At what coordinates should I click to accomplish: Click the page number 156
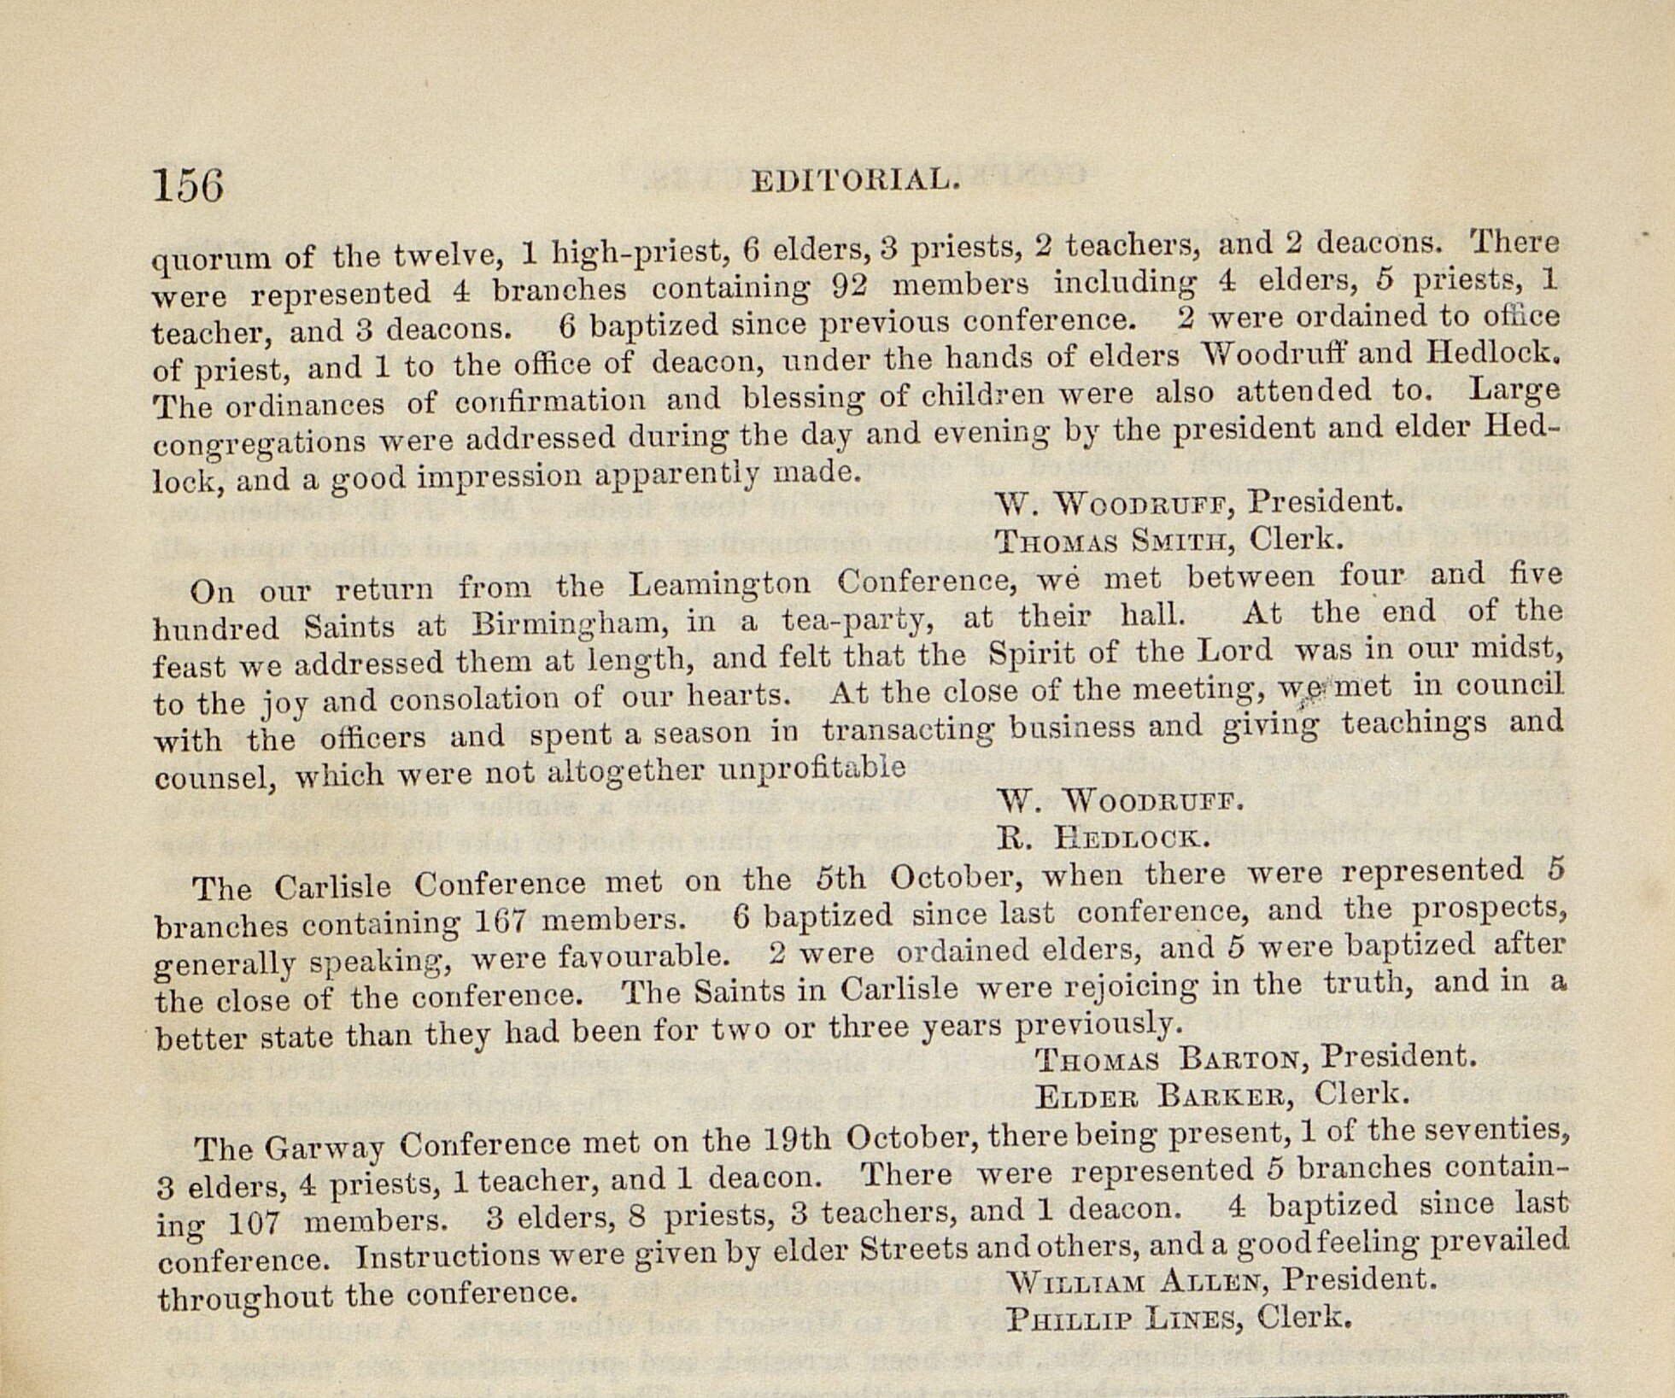coord(188,184)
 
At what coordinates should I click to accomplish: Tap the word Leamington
coord(718,583)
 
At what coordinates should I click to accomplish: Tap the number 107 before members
coord(254,1224)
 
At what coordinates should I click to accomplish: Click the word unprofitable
coord(812,768)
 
